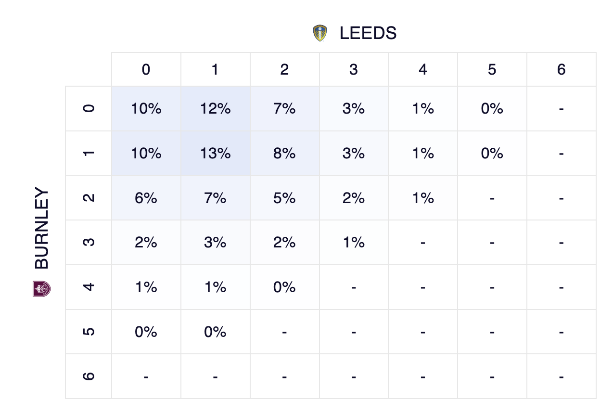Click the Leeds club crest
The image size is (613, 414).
320,33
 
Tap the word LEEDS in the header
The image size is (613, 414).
368,33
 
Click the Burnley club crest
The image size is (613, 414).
42,288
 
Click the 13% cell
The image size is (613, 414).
215,154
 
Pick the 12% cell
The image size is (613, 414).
215,109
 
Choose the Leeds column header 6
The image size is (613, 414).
561,70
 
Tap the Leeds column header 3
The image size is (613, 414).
354,70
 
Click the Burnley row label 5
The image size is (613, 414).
89,332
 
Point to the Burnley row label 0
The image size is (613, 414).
89,109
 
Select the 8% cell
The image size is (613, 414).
284,154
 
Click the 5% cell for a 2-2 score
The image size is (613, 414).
284,198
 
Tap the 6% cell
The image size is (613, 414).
146,198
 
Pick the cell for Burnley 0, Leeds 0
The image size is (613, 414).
146,109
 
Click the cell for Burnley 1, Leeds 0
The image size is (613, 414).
146,154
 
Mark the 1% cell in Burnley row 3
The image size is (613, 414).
354,243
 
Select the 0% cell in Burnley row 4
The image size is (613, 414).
284,287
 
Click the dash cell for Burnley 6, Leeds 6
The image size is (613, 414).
561,376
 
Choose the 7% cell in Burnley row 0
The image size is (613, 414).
284,109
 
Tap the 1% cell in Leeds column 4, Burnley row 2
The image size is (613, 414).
423,198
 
